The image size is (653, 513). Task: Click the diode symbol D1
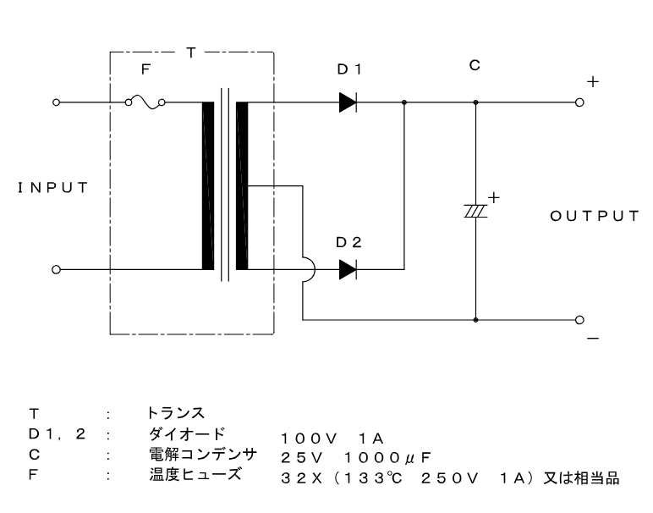point(347,102)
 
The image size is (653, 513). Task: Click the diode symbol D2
point(347,270)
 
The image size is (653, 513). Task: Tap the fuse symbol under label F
point(145,102)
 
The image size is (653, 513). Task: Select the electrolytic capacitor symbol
point(475,207)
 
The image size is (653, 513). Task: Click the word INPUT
point(52,187)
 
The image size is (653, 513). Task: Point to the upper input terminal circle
point(56,102)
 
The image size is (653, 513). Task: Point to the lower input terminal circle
point(56,270)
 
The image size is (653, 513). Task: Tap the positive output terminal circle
point(579,102)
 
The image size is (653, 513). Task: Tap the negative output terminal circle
point(579,321)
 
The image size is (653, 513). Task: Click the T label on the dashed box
point(190,52)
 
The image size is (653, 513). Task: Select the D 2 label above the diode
point(348,242)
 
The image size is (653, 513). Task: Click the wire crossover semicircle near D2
point(308,270)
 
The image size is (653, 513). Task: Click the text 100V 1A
point(332,438)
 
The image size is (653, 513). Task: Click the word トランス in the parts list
point(176,415)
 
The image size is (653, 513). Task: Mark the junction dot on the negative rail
point(475,321)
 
